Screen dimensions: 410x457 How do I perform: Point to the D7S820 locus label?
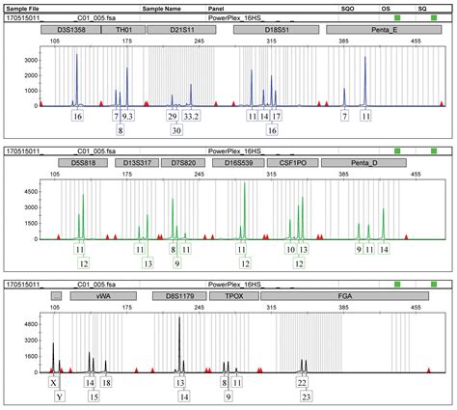point(183,164)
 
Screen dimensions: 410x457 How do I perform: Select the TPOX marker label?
point(232,297)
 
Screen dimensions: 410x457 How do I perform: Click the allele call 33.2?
point(191,116)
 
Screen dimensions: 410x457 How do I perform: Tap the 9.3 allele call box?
point(127,116)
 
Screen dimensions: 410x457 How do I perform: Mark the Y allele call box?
point(60,396)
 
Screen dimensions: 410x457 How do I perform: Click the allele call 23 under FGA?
point(307,396)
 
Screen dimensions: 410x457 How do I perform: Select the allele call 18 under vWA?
point(106,382)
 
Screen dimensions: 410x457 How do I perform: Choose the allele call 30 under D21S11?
point(175,129)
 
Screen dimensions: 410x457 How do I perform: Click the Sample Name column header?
point(161,7)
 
